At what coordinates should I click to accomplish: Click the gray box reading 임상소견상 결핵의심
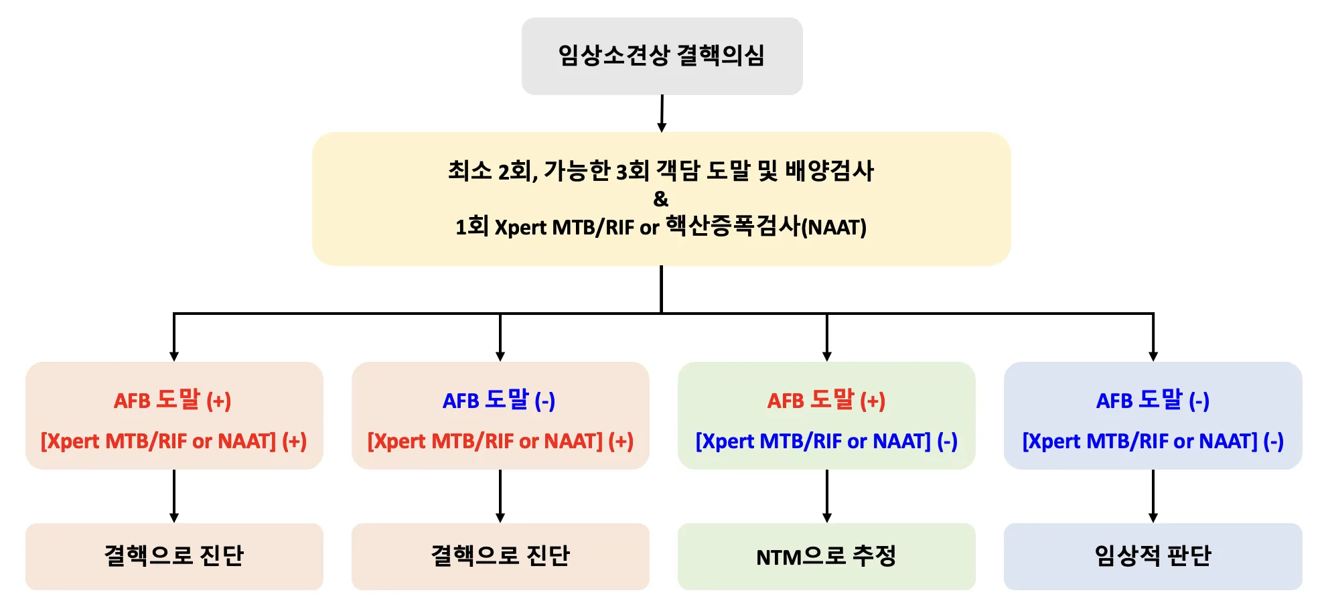(x=662, y=56)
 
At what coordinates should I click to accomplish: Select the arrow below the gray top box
(x=662, y=113)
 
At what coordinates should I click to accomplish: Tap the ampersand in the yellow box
(x=660, y=199)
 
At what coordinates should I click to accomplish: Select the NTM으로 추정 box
(x=826, y=556)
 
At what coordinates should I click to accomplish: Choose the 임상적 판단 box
(x=1153, y=556)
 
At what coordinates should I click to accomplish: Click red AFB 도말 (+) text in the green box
(x=826, y=400)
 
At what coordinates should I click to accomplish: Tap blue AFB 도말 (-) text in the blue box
(x=1153, y=400)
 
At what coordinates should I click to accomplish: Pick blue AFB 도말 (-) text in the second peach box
(x=499, y=400)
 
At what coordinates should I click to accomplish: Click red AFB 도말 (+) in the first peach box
(x=173, y=400)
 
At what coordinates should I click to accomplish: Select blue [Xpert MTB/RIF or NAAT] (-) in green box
(x=826, y=441)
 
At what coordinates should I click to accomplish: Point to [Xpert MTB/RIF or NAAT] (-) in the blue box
(x=1153, y=441)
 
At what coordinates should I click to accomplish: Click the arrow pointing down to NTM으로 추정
(x=827, y=496)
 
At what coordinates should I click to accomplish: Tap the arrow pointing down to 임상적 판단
(x=1153, y=496)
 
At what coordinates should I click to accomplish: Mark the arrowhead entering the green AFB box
(x=827, y=356)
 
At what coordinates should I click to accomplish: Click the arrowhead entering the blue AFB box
(x=1153, y=356)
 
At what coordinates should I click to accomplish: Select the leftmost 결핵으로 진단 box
(x=174, y=556)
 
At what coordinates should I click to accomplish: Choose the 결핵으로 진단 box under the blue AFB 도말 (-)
(x=500, y=556)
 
